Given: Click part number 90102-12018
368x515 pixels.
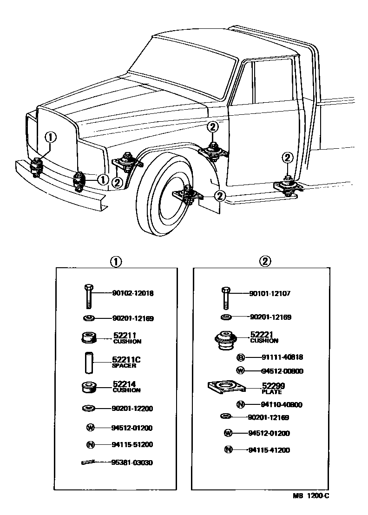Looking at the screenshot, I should click(132, 293).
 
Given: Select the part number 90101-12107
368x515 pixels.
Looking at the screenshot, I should click(270, 293).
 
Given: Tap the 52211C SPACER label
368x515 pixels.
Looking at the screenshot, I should click(126, 362).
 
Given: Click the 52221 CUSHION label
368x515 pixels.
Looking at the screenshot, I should click(264, 337).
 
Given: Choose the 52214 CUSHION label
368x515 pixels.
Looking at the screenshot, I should click(126, 387).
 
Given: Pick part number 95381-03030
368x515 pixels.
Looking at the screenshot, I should click(132, 462).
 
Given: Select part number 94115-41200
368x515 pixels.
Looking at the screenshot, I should click(269, 450).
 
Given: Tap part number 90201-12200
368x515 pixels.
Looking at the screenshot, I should click(132, 409).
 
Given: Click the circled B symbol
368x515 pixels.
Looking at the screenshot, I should click(241, 357).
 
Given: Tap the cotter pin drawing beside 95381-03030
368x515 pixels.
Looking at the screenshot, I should click(89, 462).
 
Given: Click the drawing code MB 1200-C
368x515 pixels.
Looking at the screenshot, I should click(311, 496).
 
